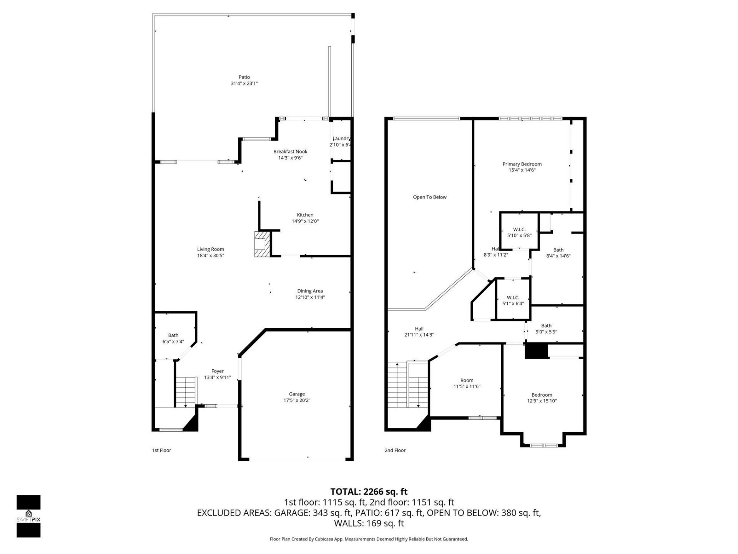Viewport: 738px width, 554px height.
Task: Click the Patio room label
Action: point(244,77)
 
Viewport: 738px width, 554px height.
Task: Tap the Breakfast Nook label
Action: point(290,152)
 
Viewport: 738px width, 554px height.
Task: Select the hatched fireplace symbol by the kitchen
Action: point(262,244)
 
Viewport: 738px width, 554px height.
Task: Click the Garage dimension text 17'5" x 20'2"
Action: point(297,400)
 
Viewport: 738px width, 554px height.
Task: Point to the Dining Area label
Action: point(310,291)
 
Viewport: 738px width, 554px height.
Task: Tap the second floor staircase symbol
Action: point(407,385)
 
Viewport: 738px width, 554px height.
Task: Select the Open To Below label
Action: point(430,197)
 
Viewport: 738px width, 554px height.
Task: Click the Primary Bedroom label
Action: point(522,164)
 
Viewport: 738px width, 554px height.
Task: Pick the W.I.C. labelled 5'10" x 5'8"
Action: point(519,232)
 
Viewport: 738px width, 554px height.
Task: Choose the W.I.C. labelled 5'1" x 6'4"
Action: point(513,300)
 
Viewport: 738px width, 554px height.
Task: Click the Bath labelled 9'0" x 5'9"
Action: point(546,329)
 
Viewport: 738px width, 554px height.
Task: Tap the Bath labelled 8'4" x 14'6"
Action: point(558,253)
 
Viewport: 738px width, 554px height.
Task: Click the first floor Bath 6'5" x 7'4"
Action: point(173,338)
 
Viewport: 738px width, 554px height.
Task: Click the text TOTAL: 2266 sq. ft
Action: point(369,492)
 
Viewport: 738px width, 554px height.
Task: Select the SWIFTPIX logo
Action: point(28,516)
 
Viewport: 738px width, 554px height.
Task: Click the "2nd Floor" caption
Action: point(395,450)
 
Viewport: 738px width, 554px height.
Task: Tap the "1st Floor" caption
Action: point(161,450)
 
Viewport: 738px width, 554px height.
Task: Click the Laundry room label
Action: point(341,138)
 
